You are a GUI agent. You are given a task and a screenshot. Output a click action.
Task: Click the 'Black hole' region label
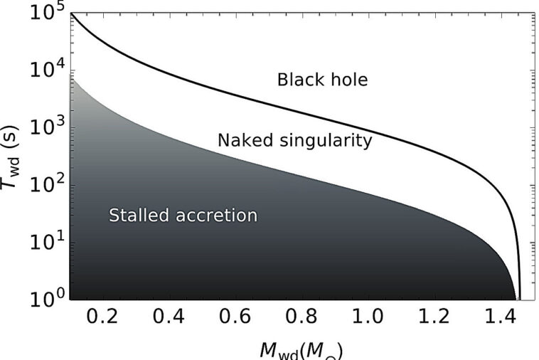[322, 80]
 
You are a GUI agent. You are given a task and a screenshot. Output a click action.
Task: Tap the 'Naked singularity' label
[294, 141]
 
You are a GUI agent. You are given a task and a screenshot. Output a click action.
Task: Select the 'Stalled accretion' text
[183, 215]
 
